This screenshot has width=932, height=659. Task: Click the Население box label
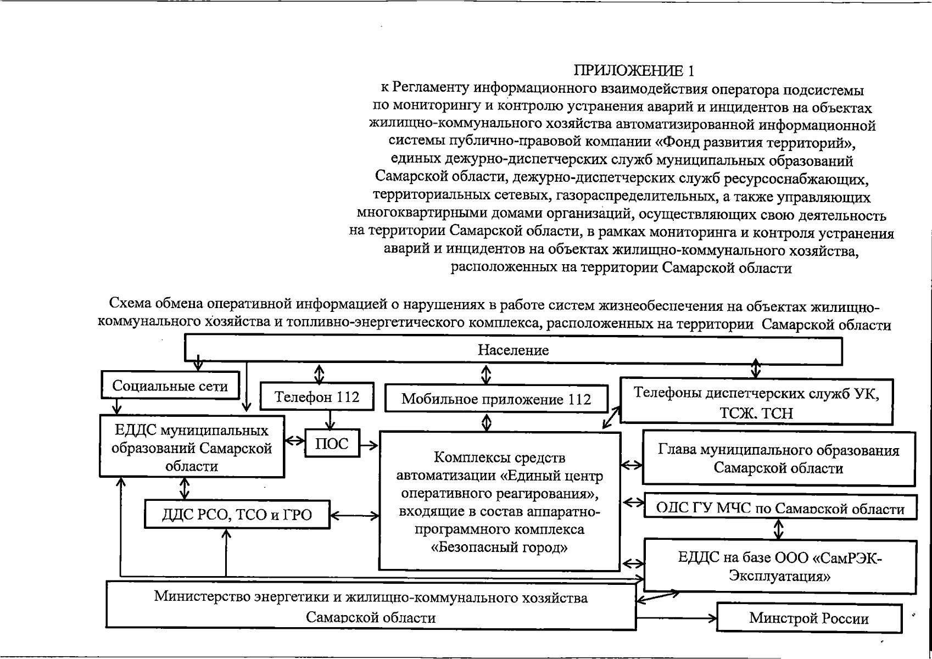pos(513,350)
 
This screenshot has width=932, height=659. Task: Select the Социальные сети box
pos(170,386)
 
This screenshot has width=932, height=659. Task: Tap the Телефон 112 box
pos(317,396)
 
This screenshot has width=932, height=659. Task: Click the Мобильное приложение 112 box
pos(496,399)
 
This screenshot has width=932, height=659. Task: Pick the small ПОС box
pos(332,443)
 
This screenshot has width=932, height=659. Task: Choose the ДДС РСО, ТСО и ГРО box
pos(237,515)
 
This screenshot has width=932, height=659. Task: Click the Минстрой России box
pos(809,618)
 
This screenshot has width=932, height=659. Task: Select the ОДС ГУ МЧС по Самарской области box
pos(780,508)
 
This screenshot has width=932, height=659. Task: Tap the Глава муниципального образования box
pos(779,459)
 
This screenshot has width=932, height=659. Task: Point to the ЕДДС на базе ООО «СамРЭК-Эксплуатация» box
pos(780,567)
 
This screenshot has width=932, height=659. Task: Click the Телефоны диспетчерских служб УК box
pos(756,403)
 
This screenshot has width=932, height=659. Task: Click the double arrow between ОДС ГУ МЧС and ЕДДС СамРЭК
pos(778,529)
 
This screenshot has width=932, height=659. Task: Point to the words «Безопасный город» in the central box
pos(499,547)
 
